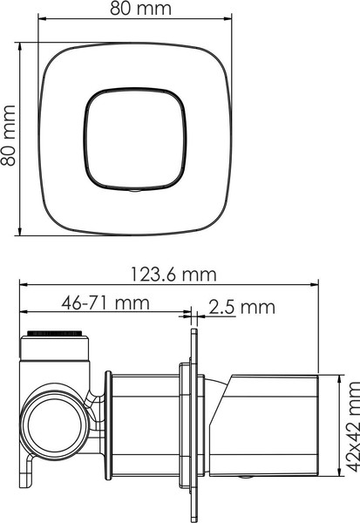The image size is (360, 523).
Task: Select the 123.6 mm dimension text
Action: [172, 275]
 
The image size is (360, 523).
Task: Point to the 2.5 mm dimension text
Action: [241, 306]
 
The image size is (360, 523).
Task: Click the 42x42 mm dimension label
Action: [350, 437]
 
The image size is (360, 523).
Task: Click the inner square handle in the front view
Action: [135, 139]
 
